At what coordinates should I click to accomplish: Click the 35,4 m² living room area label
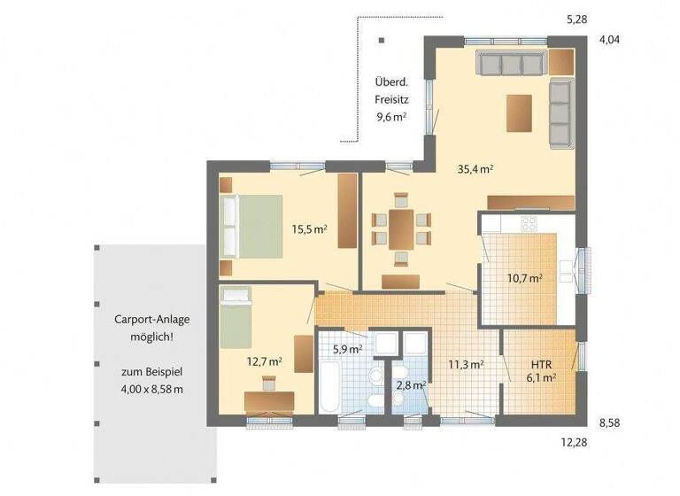tap(475, 168)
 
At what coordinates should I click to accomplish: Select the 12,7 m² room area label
tap(264, 361)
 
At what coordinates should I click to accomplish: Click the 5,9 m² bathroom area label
tap(347, 349)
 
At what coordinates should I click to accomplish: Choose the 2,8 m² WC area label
tap(412, 385)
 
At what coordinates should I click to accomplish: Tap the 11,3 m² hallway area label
tap(465, 363)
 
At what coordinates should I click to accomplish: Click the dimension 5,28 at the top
tap(577, 18)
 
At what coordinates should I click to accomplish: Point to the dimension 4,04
tap(611, 40)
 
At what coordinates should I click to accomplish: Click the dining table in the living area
tap(400, 229)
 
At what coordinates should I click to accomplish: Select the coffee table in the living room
tap(519, 112)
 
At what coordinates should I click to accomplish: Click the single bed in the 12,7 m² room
tap(236, 317)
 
